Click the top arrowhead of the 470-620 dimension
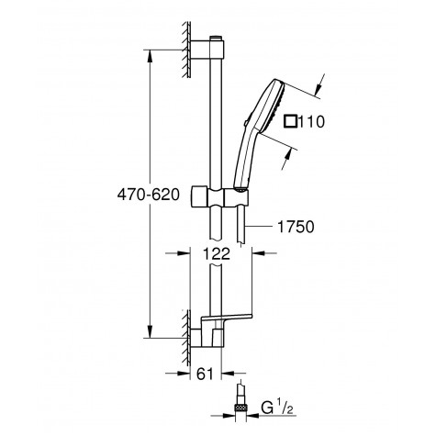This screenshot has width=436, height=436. coord(150,47)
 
